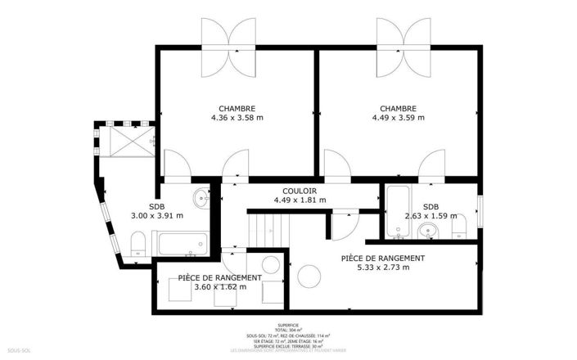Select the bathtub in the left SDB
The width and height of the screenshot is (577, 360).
pyautogui.click(x=180, y=242)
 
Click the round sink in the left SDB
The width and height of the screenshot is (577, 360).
pyautogui.click(x=202, y=196)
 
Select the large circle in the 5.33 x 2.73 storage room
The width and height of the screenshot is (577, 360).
pyautogui.click(x=309, y=277)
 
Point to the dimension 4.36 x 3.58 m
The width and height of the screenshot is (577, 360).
pyautogui.click(x=237, y=118)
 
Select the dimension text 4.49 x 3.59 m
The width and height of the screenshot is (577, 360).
pyautogui.click(x=398, y=118)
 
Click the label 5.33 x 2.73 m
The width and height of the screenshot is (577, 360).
pyautogui.click(x=383, y=268)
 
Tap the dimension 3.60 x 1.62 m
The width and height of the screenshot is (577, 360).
pyautogui.click(x=220, y=287)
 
